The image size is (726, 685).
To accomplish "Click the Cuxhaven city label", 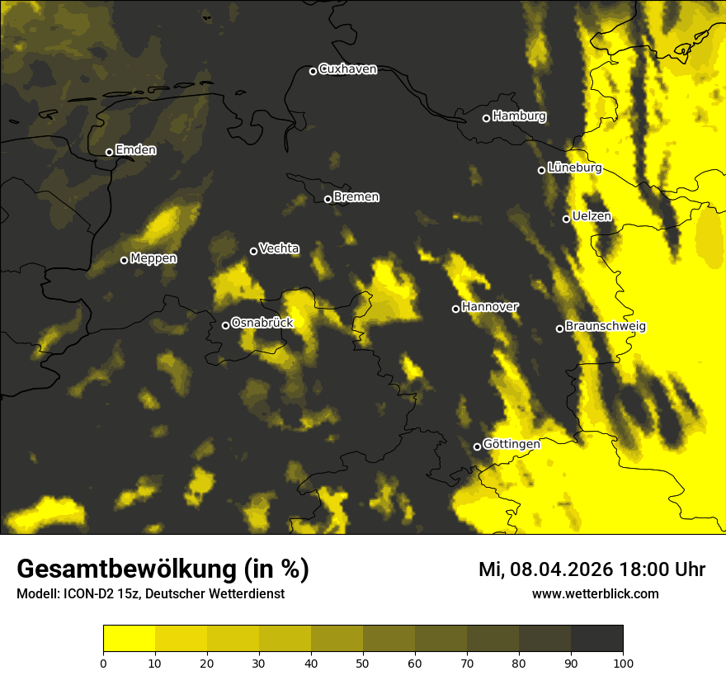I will (347, 69).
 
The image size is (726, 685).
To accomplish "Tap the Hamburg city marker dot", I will (486, 118).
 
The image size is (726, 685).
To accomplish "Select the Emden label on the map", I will (135, 150).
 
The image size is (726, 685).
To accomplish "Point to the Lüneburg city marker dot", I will (541, 170).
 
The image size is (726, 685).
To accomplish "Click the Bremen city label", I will (356, 197).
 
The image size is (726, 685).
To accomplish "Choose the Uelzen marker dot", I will (566, 219).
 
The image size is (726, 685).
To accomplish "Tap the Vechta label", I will (279, 248).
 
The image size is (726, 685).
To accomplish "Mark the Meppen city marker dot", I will (124, 260).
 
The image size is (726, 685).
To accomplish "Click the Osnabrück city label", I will (262, 324).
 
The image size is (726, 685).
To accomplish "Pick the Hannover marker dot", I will (455, 309).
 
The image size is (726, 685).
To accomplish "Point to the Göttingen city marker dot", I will (477, 446).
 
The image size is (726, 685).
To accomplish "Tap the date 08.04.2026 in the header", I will (560, 569).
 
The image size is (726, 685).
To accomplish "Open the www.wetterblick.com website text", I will (595, 593).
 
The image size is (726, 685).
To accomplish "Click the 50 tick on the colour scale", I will (363, 662).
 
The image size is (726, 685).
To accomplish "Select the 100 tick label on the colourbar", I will (623, 662).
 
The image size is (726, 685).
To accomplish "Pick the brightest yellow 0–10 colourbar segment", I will (130, 639).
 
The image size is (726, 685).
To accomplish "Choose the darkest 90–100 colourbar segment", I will (596, 639).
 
